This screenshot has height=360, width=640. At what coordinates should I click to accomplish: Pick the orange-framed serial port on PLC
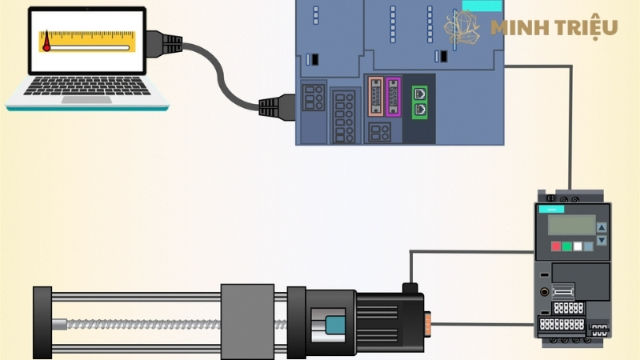tap(375, 97)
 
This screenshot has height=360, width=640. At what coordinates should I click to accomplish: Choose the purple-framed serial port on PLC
tap(393, 97)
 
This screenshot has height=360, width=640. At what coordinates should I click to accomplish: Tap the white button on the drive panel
tap(577, 246)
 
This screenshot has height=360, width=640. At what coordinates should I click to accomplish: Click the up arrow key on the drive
tap(602, 226)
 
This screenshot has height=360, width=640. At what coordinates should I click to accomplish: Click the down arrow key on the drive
tap(602, 239)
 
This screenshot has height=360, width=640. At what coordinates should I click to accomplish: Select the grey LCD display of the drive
tap(571, 225)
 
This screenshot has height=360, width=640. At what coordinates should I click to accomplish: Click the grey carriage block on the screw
tap(247, 321)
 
